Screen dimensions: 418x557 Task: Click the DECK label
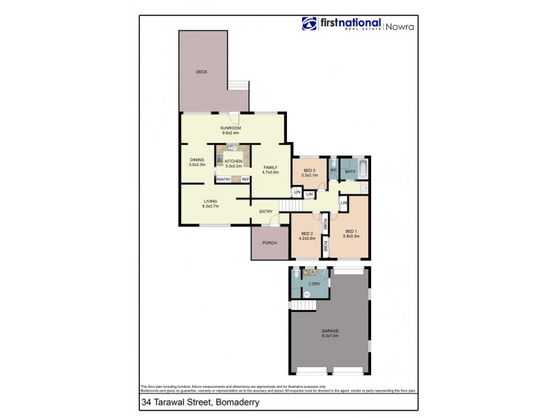point(201,72)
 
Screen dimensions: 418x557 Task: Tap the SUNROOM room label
point(230,128)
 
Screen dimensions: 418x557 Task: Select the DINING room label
point(197,160)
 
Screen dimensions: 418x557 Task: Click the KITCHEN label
point(233,161)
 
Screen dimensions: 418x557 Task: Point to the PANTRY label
point(223,180)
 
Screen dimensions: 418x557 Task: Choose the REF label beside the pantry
point(245,180)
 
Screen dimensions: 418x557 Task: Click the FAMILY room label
point(270,167)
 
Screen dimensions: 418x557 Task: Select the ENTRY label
point(265,212)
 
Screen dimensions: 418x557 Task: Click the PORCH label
point(269,242)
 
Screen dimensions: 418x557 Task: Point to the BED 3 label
point(310,171)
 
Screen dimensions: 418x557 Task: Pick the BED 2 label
point(308,233)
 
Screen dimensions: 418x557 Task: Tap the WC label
point(333,170)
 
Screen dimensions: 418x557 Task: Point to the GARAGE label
point(329,332)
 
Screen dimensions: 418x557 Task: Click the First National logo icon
point(309,24)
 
